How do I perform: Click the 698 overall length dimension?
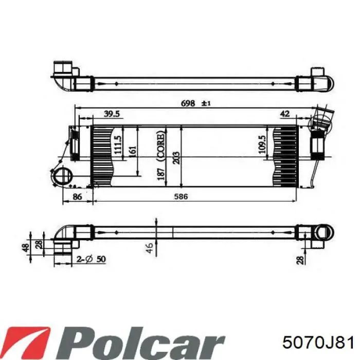click(x=188, y=103)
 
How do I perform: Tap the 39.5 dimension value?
click(x=112, y=114)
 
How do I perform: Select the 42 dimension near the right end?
click(x=285, y=114)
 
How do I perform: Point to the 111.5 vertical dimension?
click(x=117, y=145)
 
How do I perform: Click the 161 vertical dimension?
click(x=133, y=151)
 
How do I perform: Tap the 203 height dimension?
click(x=176, y=158)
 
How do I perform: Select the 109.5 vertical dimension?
click(x=262, y=145)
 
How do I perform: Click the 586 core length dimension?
click(x=181, y=196)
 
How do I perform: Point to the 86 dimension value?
click(x=77, y=197)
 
